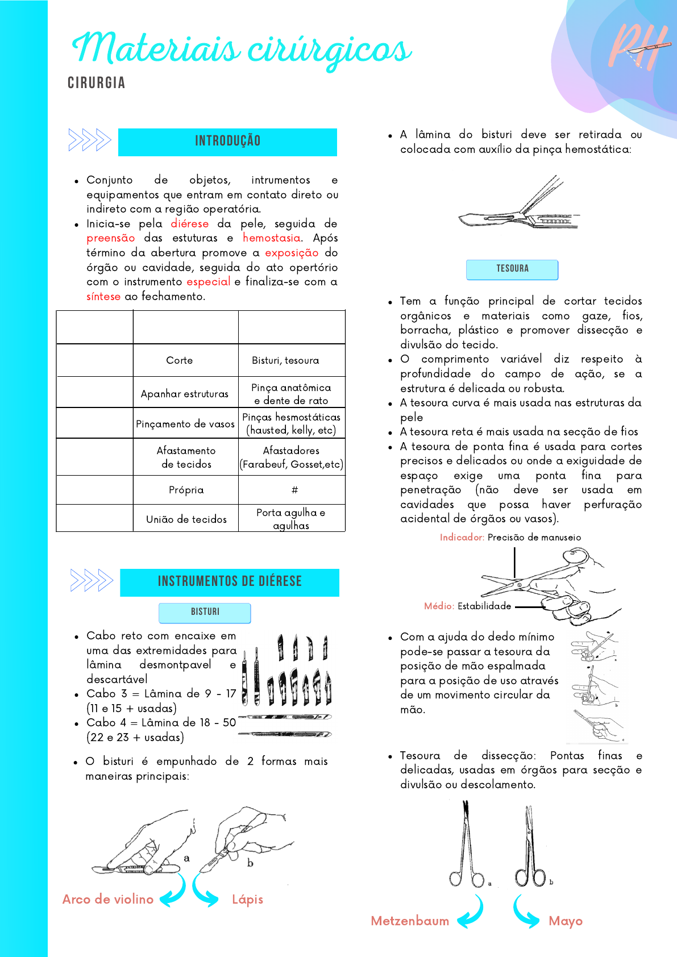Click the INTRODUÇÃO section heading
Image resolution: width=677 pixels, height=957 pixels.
tap(227, 142)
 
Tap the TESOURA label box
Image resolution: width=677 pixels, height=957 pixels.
tap(512, 269)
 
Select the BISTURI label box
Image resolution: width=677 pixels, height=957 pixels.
tap(205, 612)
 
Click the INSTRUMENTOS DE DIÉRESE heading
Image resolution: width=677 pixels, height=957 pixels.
tap(230, 581)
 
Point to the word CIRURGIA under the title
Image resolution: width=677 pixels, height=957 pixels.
tap(96, 83)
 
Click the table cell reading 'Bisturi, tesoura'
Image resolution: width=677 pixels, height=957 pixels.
tap(285, 360)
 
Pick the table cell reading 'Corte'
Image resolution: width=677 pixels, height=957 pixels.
tap(180, 360)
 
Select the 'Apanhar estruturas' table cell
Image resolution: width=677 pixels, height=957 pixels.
tap(185, 393)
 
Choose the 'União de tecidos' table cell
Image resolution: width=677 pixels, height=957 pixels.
tap(186, 519)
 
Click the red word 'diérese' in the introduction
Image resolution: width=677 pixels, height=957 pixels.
tap(190, 224)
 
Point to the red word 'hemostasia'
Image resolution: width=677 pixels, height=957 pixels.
tap(271, 238)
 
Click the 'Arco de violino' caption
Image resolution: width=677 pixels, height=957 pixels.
tap(108, 899)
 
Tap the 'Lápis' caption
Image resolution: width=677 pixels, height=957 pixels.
tap(247, 899)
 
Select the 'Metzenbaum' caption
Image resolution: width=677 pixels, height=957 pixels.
tap(410, 921)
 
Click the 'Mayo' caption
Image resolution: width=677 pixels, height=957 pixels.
tap(566, 921)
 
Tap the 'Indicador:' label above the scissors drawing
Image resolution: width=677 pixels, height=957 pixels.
tap(462, 537)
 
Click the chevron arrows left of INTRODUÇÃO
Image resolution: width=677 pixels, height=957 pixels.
tap(89, 140)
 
